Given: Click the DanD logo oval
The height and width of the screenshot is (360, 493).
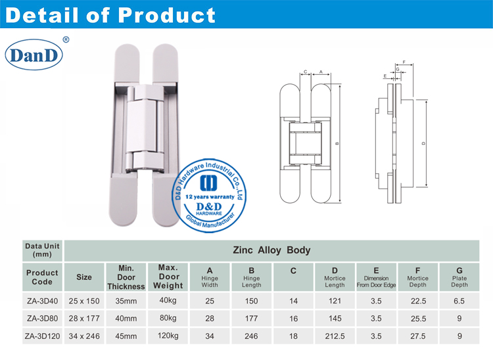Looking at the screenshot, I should [34, 56].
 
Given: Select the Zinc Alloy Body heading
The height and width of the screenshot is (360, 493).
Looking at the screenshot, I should [271, 250].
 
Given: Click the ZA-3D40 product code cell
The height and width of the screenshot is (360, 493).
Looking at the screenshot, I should [42, 300].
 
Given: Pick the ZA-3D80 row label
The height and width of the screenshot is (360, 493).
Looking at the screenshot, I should [42, 318].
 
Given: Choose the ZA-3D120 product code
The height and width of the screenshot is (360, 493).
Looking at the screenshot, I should [42, 336].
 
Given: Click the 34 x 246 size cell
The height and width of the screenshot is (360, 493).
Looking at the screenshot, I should [84, 336].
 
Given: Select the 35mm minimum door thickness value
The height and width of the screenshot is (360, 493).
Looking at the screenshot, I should [125, 300].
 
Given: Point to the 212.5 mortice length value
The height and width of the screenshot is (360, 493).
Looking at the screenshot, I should [335, 336].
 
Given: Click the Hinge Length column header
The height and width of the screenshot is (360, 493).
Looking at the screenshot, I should [251, 277].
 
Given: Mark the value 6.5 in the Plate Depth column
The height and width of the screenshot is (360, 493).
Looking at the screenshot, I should [459, 300].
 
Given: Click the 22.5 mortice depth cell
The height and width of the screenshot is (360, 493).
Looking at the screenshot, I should [417, 300].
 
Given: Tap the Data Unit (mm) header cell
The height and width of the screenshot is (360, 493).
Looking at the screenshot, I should [42, 250].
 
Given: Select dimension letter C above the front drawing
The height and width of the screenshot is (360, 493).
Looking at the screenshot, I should [306, 72].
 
